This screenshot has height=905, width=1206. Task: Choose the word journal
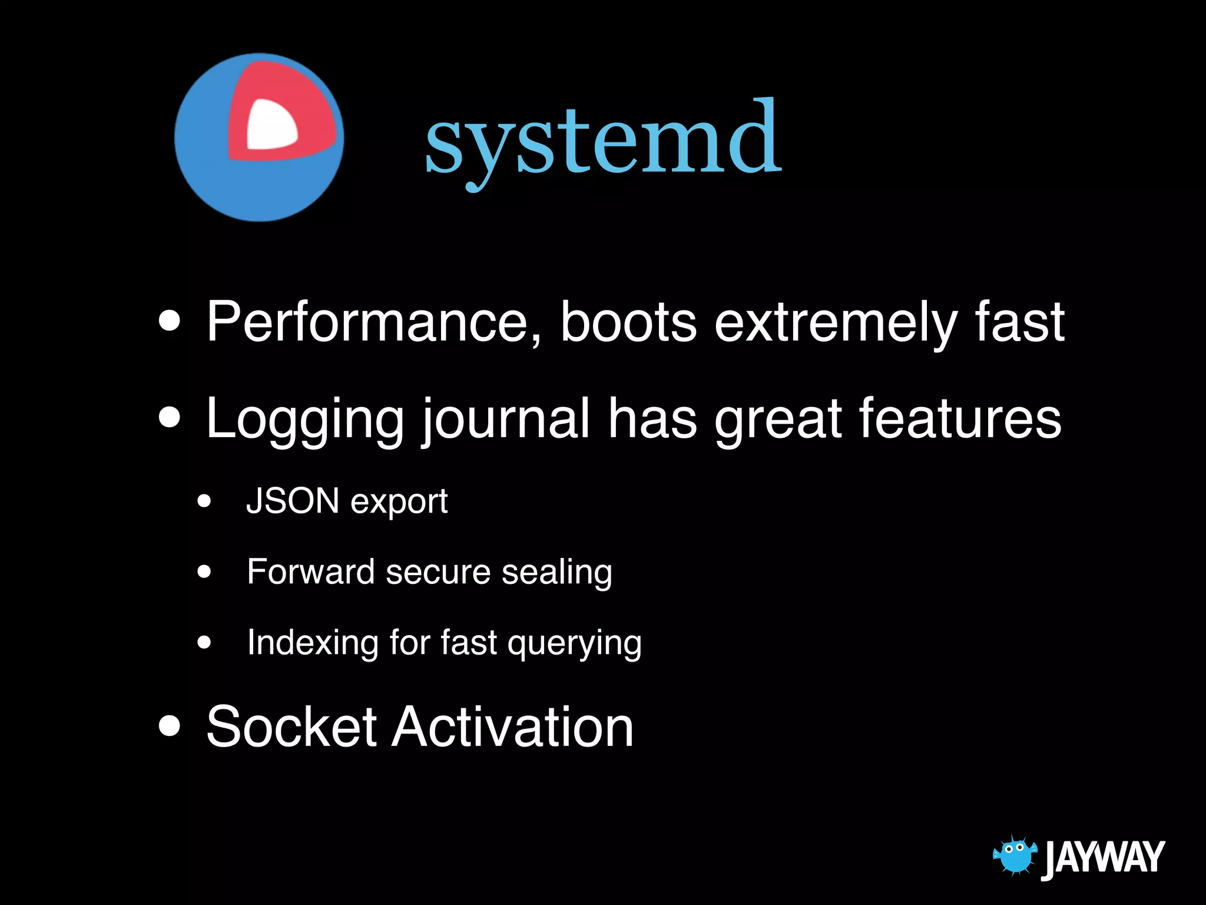505,420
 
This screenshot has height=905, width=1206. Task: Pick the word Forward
310,572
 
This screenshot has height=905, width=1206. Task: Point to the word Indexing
313,643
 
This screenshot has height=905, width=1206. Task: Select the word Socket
291,727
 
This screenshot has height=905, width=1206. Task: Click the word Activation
513,727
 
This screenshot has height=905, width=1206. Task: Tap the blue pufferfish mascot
1014,855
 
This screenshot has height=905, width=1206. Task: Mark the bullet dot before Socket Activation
170,726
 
